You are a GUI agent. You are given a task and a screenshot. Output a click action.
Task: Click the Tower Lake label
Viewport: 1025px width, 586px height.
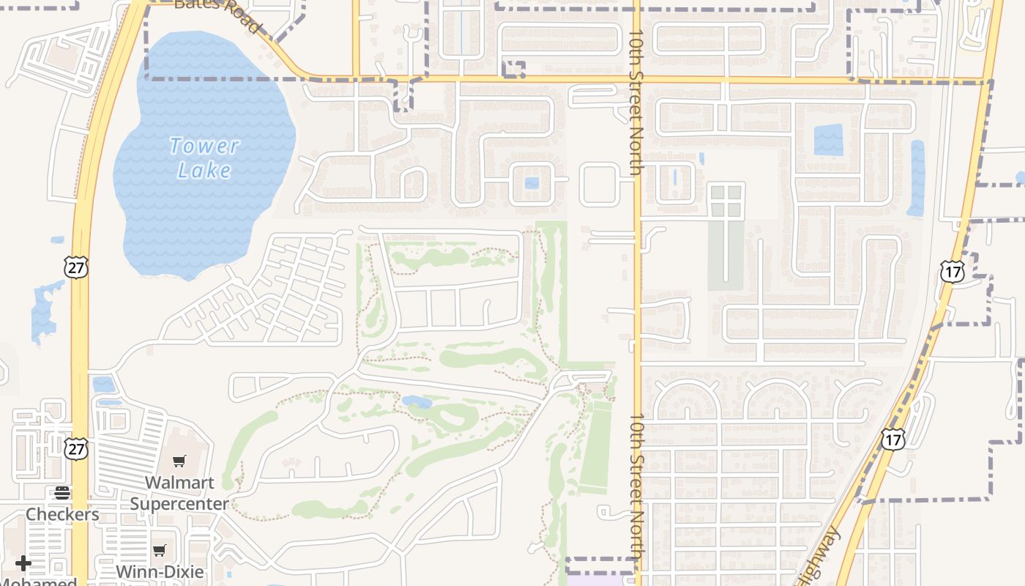[204, 158]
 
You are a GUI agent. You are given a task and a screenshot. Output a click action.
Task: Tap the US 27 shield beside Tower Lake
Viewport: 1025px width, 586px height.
[76, 267]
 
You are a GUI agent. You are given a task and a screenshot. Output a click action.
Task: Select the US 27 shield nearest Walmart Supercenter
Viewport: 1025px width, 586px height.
[76, 448]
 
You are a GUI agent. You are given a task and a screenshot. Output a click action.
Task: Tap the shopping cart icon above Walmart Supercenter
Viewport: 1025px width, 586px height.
[179, 461]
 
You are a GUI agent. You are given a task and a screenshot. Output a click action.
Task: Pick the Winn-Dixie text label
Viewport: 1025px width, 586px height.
[160, 571]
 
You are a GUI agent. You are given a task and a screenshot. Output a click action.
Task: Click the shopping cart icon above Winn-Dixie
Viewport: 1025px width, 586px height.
[160, 550]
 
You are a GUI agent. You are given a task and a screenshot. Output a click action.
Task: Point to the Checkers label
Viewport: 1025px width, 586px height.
[62, 514]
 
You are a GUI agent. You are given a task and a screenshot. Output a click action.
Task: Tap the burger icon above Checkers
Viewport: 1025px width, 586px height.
[62, 492]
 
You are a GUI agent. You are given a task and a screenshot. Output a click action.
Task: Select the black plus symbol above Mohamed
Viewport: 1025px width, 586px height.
[23, 563]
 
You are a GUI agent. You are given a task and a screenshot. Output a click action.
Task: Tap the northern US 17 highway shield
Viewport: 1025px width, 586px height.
[953, 272]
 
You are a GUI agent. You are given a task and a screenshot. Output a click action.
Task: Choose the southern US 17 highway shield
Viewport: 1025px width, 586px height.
[893, 439]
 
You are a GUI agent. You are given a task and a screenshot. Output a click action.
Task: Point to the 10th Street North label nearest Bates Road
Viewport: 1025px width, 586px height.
[636, 103]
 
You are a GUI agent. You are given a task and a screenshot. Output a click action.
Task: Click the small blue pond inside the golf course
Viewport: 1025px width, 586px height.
[417, 401]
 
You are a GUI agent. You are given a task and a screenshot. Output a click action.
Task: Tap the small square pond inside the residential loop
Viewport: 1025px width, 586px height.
[532, 183]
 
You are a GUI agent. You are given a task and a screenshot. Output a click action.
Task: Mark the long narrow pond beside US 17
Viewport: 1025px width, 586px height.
[917, 178]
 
